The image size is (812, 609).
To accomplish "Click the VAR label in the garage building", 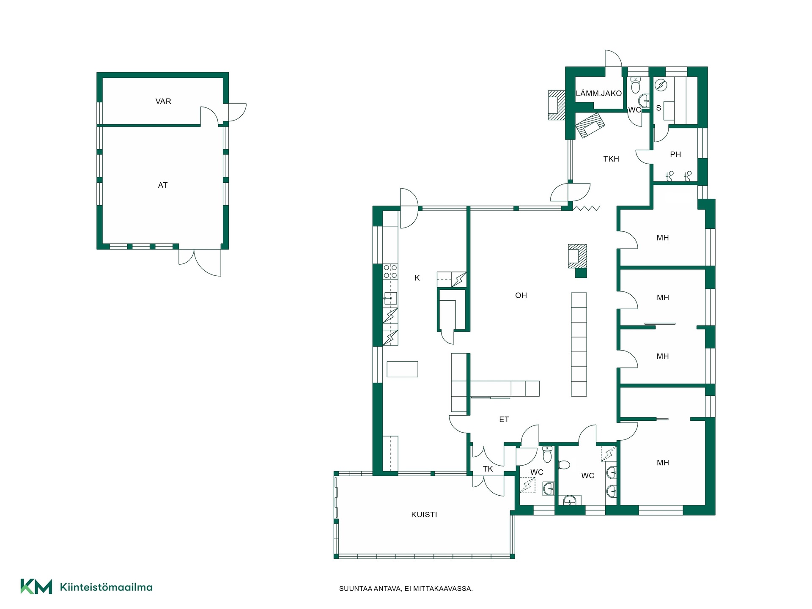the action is [163, 101].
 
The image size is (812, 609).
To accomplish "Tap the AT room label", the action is [163, 185].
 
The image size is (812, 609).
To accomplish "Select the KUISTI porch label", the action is [424, 515].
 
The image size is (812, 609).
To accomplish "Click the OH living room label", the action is [521, 296].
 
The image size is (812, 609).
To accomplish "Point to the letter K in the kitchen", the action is [417, 278].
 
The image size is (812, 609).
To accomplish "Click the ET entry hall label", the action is [504, 420].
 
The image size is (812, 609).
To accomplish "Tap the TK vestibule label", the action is [488, 469].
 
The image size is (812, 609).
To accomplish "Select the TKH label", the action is [611, 159].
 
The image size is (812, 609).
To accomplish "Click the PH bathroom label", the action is [675, 155].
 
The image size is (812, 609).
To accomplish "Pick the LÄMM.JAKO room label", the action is [599, 93].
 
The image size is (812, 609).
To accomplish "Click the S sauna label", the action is [658, 108].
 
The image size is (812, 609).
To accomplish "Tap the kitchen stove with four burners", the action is [390, 272].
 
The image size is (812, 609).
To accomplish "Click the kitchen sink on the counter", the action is [390, 298].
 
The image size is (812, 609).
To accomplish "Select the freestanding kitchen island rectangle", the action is [403, 369].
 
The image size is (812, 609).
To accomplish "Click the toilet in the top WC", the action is [635, 85].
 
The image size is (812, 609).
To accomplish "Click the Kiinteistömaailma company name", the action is [106, 587].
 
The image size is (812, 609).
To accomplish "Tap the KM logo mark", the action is [36, 587].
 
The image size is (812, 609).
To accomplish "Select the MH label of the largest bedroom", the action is [663, 463].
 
